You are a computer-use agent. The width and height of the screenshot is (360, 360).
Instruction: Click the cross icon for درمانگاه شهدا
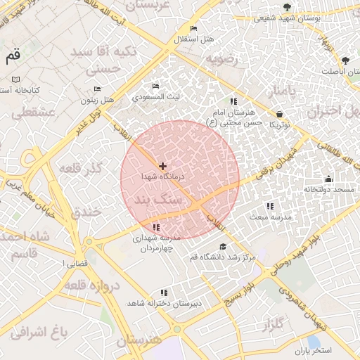click(x=163, y=166)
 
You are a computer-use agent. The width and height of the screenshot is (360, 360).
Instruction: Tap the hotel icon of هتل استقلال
click(x=193, y=29)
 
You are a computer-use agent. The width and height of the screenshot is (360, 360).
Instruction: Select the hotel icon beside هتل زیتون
click(x=97, y=89)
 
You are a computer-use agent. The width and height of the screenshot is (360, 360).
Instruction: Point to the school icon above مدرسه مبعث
click(x=270, y=206)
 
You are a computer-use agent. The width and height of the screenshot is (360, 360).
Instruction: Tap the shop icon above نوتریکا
click(x=281, y=113)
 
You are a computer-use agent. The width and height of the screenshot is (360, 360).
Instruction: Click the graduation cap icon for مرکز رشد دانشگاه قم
click(x=223, y=246)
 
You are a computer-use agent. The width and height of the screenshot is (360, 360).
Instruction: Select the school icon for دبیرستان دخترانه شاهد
click(x=164, y=292)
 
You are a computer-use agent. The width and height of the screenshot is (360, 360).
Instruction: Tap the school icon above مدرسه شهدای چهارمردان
click(x=156, y=227)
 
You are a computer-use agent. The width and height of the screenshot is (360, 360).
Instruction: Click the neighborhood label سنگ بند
click(x=162, y=201)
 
